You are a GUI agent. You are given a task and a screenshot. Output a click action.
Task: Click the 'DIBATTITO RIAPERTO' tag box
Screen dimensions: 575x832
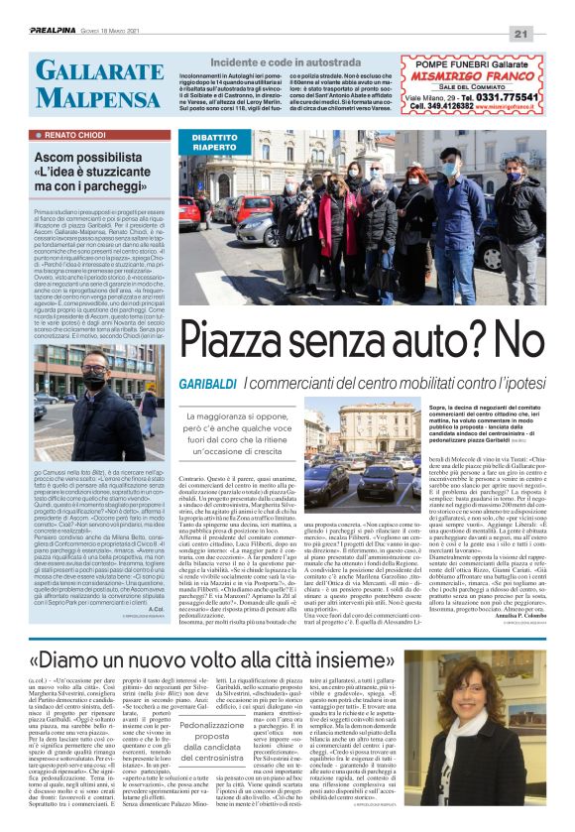(x=214, y=143)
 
